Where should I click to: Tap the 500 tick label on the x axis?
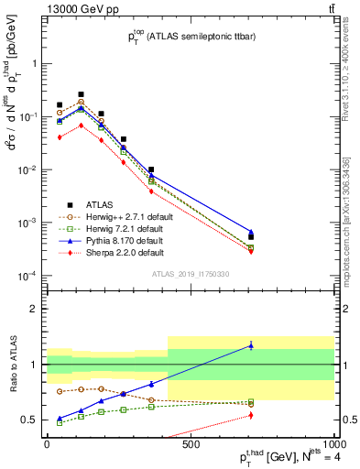click(x=190, y=444)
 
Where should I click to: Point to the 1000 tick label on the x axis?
click(x=332, y=444)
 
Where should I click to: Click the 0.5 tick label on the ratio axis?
click(x=30, y=420)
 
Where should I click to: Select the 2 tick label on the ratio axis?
click(x=35, y=309)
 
